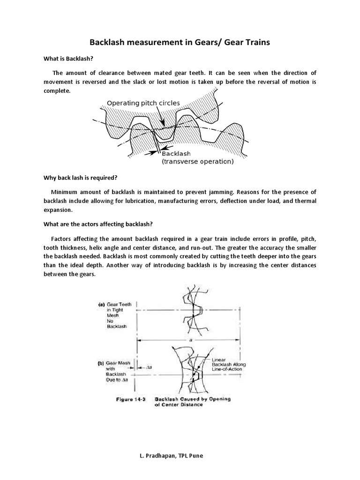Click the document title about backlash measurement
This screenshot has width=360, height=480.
180,43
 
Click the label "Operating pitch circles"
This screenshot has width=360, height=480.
143,103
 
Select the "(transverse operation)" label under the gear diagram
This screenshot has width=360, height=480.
197,162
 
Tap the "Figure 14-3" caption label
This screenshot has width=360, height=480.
132,399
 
